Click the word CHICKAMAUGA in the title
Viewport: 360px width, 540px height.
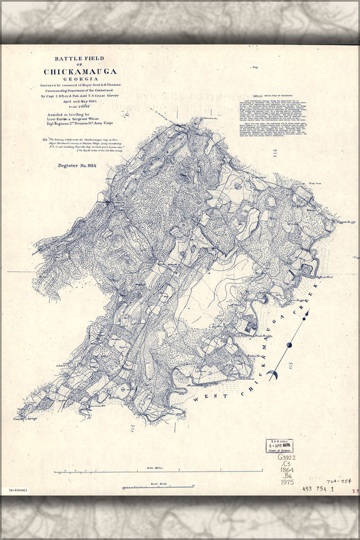tap(80, 71)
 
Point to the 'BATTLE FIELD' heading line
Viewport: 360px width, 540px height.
tap(79, 59)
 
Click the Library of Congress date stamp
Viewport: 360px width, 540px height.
tap(279, 446)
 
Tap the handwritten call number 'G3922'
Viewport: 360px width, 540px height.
tap(287, 457)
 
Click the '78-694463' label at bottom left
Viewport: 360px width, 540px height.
tap(19, 491)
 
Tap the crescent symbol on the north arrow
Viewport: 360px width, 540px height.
tap(273, 374)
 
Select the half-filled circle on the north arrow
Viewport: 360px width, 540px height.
tap(290, 345)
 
